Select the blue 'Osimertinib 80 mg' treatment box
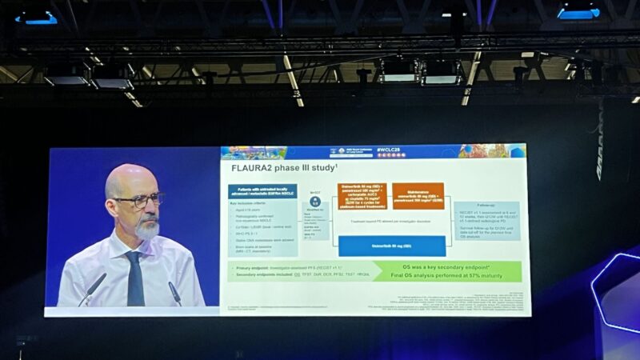point(392,246)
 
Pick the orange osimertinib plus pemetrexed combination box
point(362,196)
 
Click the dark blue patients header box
point(252,192)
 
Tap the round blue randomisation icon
point(314,202)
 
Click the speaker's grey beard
point(146,229)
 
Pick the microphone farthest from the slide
point(92,288)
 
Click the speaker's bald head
point(128,178)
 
